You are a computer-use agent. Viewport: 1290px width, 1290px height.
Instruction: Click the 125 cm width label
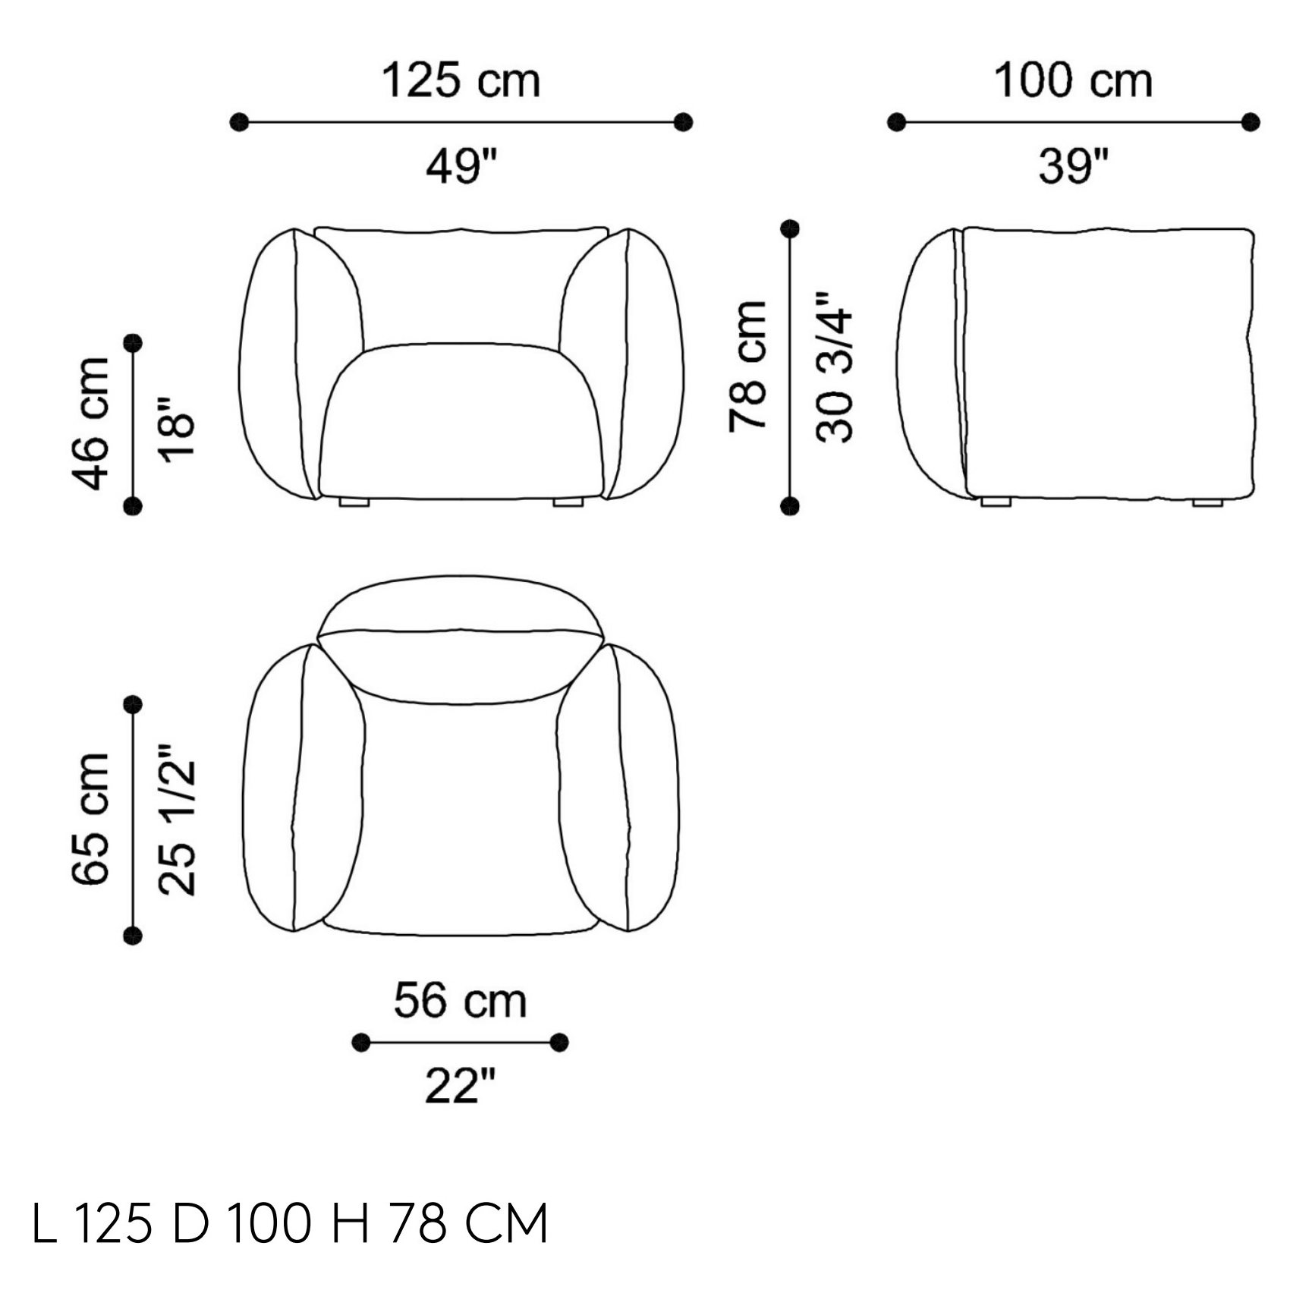pos(461,80)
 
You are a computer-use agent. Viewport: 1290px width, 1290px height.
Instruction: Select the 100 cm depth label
pos(1073,80)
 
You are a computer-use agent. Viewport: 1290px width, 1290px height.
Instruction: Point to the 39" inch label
pos(1073,165)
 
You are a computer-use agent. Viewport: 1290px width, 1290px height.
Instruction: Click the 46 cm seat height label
pos(90,423)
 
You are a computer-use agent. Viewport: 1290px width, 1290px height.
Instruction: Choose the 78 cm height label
pos(747,367)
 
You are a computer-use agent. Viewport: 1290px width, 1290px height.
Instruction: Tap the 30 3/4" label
pos(834,367)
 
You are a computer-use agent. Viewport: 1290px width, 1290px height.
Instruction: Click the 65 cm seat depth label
pos(90,820)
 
